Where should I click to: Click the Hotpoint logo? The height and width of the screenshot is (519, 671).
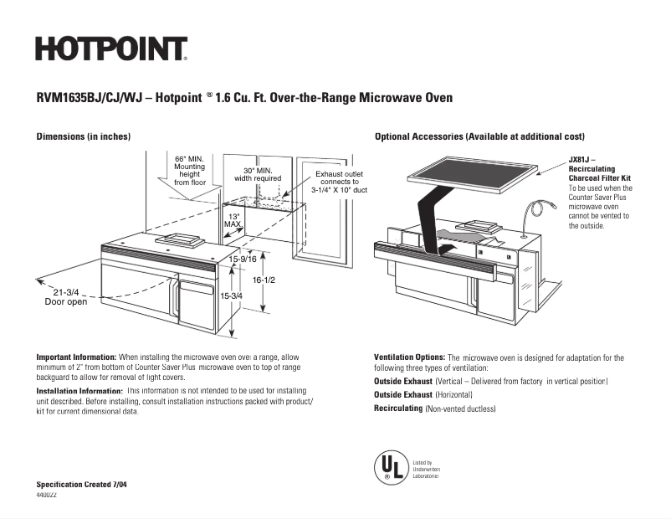(x=110, y=49)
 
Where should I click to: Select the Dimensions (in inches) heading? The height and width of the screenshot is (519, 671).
(x=83, y=136)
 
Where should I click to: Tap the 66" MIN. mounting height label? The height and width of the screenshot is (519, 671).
(x=190, y=170)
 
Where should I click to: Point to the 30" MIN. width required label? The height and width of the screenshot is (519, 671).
(x=257, y=174)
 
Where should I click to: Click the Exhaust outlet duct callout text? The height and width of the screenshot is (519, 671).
(x=339, y=182)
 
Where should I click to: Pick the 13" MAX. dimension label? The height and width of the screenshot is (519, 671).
(x=234, y=221)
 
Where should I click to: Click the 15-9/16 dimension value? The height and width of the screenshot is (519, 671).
(x=243, y=259)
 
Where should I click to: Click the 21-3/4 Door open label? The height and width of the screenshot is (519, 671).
(x=66, y=297)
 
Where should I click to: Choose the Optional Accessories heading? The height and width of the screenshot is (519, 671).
(x=479, y=136)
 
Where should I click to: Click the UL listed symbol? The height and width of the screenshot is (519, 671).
(x=387, y=466)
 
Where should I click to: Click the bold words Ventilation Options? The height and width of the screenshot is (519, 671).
(x=409, y=357)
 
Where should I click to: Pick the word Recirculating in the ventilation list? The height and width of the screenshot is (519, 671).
(x=397, y=409)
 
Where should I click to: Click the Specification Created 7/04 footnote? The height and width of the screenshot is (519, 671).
(x=81, y=486)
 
